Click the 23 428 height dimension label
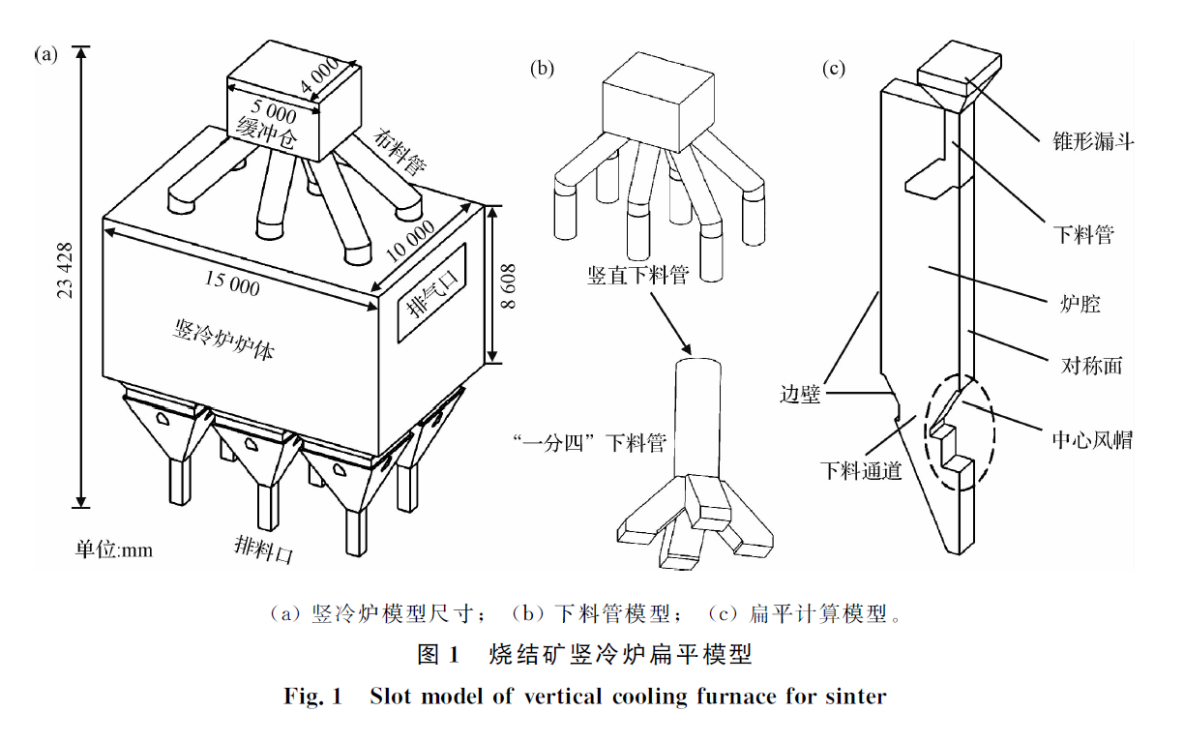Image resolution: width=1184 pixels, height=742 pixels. pyautogui.click(x=66, y=271)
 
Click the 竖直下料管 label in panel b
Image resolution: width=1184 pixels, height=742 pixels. pyautogui.click(x=637, y=277)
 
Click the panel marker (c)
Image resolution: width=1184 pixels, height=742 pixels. pyautogui.click(x=833, y=68)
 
